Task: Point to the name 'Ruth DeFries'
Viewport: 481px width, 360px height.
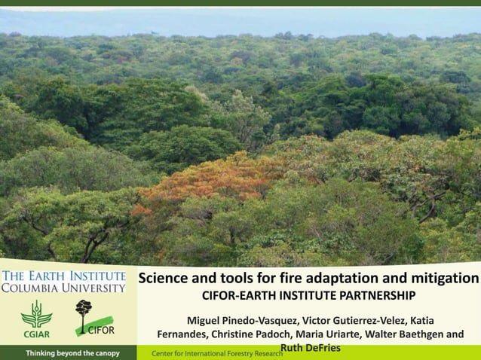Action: tap(310, 347)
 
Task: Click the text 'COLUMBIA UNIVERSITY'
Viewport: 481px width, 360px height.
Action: tap(63, 288)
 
